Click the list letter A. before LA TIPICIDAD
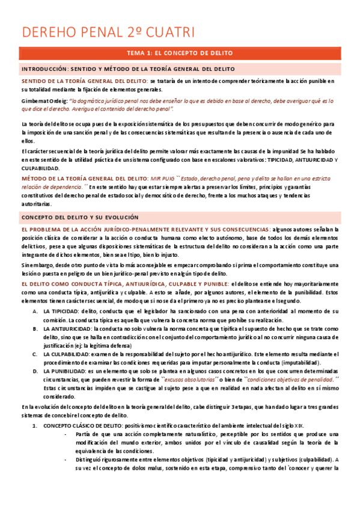(x=34, y=312)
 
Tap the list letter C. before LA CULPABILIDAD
(x=34, y=355)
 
